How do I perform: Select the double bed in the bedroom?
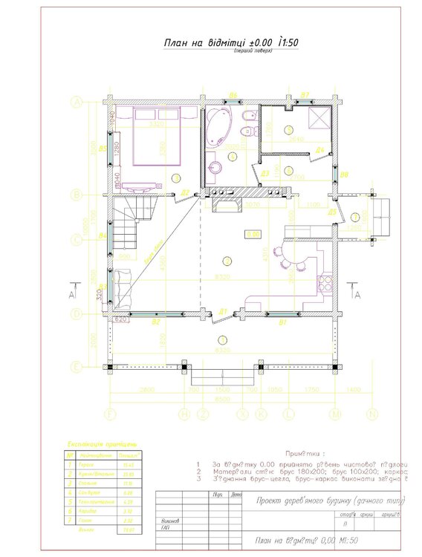tap(158, 137)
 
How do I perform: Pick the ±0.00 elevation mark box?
tap(253, 234)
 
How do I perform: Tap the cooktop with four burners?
tap(324, 282)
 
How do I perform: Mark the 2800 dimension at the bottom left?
tap(146, 390)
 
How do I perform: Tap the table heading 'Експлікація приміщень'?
tap(100, 445)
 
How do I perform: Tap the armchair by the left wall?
tap(122, 283)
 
